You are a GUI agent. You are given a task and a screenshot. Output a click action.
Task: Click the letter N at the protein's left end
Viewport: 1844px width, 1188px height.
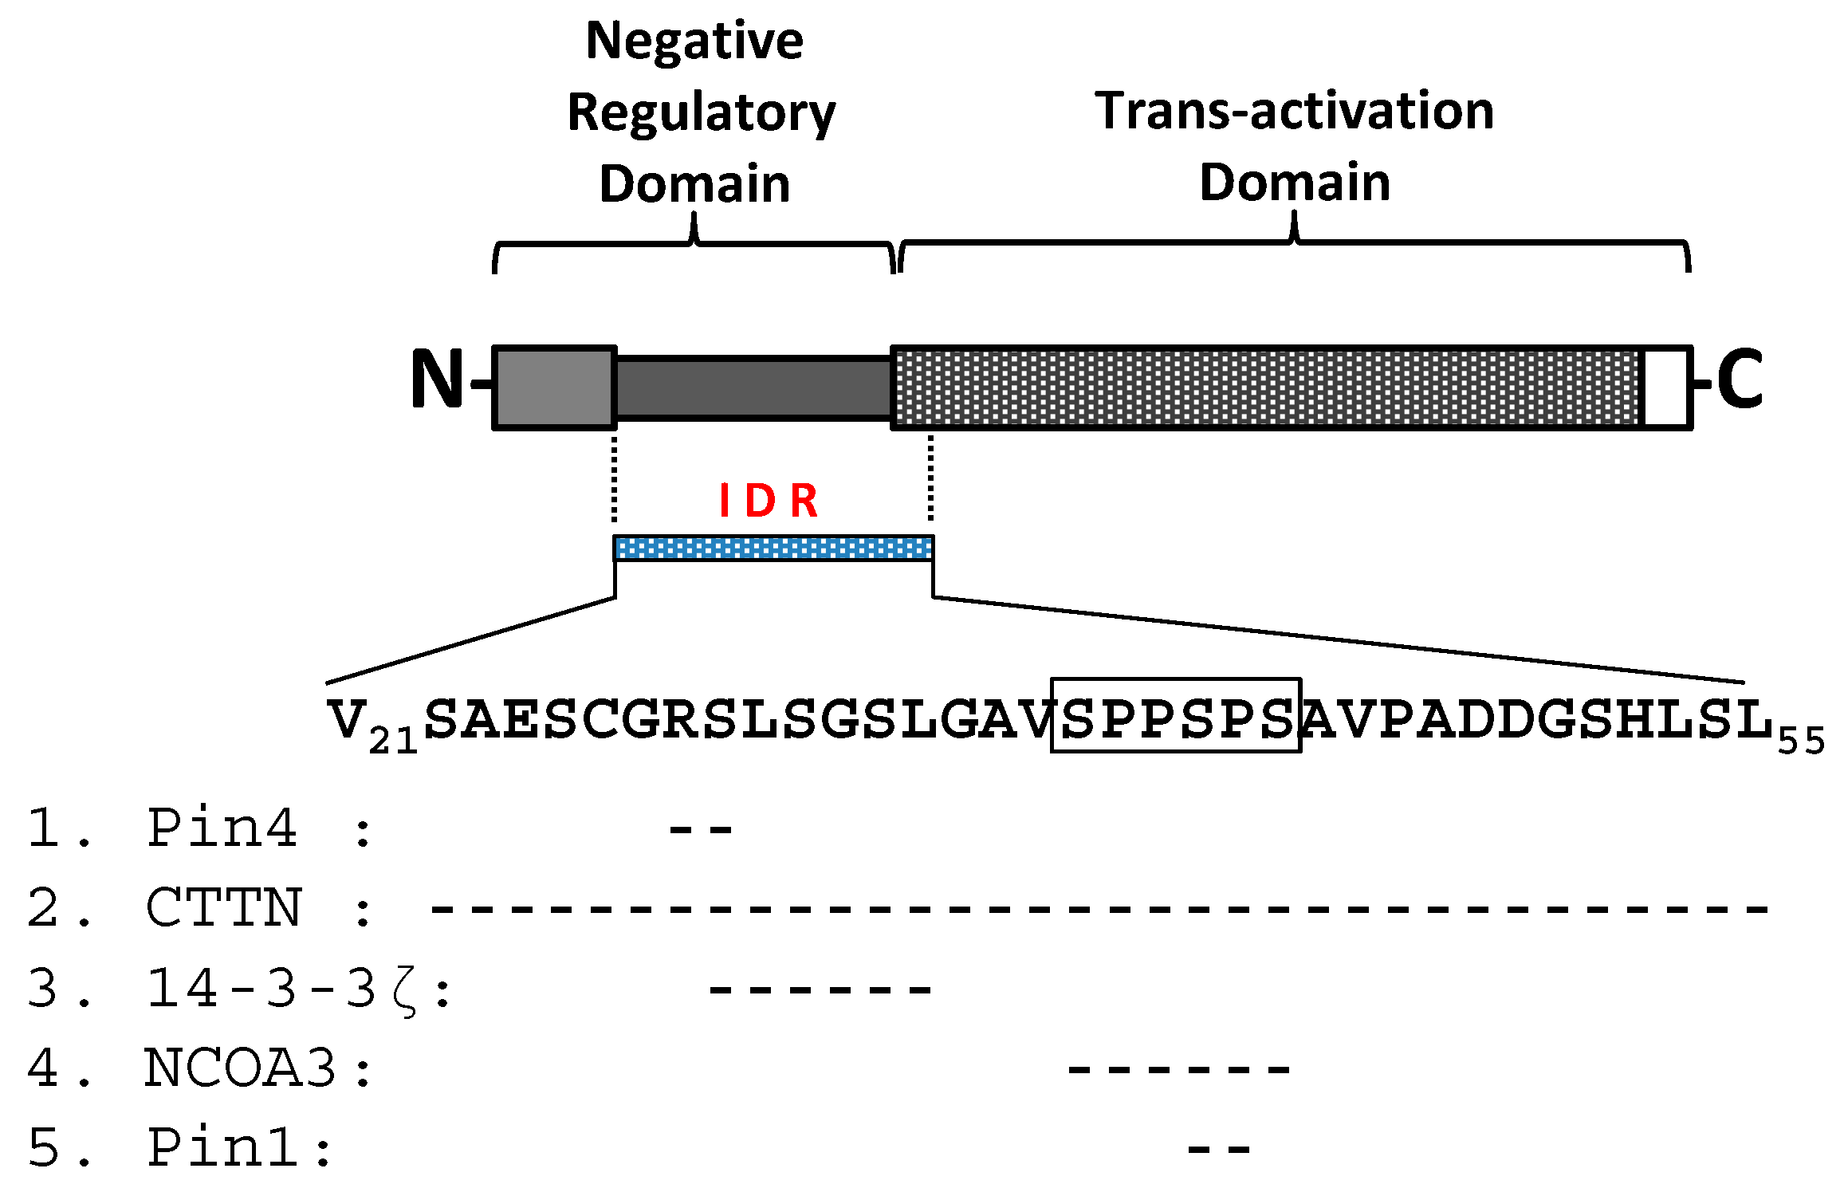[436, 380]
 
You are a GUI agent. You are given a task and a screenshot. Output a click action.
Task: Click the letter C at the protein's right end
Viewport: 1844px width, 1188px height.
[1739, 380]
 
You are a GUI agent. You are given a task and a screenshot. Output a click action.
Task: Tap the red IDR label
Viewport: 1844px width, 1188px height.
[769, 501]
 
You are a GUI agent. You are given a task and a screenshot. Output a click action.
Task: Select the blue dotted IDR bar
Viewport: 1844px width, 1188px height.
[773, 549]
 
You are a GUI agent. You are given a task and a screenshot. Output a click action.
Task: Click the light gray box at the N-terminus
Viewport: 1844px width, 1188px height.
[555, 388]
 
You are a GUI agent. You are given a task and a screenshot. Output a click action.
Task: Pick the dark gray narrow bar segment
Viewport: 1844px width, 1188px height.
[753, 388]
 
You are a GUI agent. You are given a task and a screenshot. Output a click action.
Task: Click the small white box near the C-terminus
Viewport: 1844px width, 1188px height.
[1666, 388]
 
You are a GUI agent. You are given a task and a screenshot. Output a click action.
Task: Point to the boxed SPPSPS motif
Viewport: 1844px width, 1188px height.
[1176, 716]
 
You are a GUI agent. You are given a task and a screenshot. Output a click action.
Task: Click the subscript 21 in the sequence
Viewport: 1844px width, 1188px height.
[393, 742]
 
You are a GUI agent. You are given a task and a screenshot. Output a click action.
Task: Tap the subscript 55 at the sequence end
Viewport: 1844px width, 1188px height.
[1802, 742]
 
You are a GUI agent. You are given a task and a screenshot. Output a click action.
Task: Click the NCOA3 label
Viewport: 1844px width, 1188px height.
[239, 1068]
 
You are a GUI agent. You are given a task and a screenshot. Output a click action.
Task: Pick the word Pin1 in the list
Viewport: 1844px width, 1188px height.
[223, 1148]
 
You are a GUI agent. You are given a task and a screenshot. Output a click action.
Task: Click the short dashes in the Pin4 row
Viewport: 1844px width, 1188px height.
[700, 830]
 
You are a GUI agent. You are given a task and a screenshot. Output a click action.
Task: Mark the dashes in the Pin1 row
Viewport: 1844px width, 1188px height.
[1218, 1149]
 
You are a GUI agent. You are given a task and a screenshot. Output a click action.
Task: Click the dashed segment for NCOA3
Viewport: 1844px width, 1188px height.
[1178, 1069]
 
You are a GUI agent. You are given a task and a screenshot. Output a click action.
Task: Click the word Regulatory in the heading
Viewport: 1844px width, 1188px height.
[701, 112]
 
